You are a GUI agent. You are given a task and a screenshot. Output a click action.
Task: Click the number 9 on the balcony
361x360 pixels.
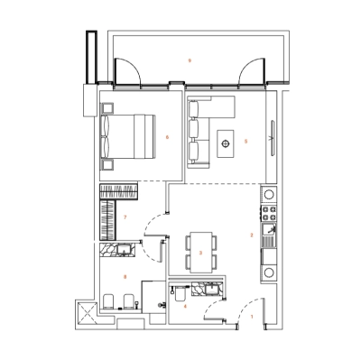tap(189, 60)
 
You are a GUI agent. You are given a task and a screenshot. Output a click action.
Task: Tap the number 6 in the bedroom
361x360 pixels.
tap(168, 137)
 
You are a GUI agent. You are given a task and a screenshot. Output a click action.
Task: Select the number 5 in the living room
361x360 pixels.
tap(245, 141)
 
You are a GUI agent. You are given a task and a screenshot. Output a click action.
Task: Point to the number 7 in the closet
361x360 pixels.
tap(124, 217)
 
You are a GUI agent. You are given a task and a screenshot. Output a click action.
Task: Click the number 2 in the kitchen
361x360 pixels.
tap(251, 235)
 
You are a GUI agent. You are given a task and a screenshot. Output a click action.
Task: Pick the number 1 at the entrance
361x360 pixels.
tap(252, 317)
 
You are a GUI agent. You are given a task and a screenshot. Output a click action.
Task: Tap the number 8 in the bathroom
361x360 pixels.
tap(125, 276)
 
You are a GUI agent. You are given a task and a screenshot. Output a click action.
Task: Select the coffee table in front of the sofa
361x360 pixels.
tap(225, 140)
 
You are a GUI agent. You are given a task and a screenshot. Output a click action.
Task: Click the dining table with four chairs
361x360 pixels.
tap(201, 252)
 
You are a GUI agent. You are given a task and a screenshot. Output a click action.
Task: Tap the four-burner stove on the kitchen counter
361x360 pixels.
tap(268, 214)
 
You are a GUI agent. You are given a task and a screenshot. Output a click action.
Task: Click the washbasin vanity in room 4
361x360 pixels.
tap(208, 289)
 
